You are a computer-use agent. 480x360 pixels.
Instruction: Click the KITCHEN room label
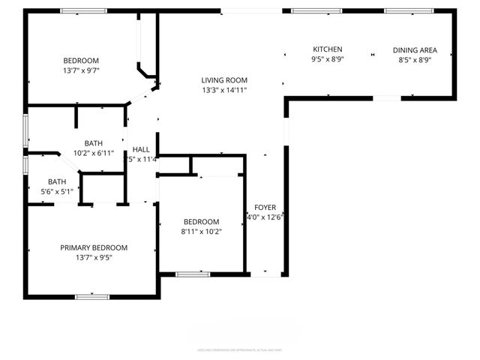(x=327, y=49)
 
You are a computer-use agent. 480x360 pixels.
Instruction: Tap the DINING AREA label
(x=415, y=50)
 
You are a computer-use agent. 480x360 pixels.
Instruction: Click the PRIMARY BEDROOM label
(x=94, y=247)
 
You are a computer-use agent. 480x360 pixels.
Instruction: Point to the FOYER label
(x=265, y=207)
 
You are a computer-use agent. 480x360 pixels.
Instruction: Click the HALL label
(x=141, y=148)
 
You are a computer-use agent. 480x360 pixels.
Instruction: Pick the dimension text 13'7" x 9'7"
(x=80, y=70)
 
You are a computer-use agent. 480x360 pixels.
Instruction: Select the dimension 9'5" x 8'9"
(x=327, y=59)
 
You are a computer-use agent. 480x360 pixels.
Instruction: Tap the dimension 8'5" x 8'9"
(x=415, y=60)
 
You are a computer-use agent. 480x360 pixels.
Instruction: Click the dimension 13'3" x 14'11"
(x=224, y=90)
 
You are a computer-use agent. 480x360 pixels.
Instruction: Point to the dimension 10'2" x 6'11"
(x=94, y=153)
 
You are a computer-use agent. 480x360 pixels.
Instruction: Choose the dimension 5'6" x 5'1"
(x=57, y=191)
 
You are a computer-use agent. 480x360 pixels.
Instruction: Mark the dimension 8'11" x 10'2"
(x=202, y=232)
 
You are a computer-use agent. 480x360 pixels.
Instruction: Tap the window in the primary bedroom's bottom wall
(x=93, y=297)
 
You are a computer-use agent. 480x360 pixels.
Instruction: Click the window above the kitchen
(x=311, y=10)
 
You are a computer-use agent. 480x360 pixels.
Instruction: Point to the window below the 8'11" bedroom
(x=193, y=274)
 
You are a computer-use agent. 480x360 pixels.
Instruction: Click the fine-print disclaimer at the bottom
(x=240, y=349)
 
